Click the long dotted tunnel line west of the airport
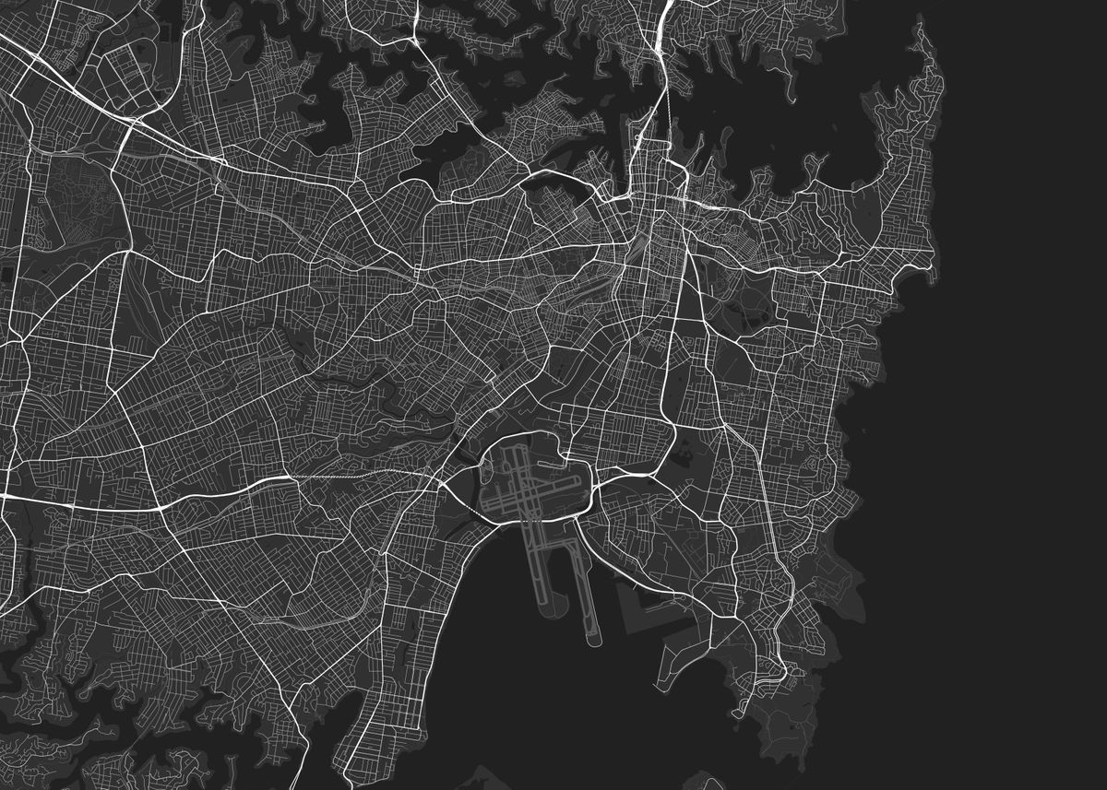360,476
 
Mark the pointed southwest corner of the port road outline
626,631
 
